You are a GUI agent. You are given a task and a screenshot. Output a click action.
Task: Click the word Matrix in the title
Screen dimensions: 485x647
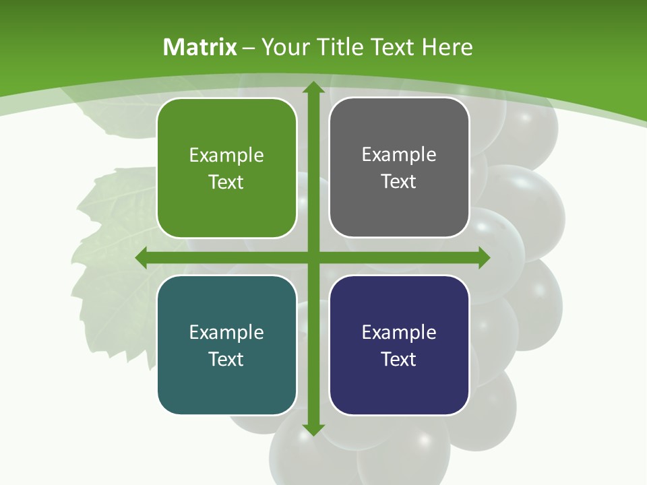point(200,47)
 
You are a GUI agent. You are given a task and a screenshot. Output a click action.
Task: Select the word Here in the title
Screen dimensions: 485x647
point(447,47)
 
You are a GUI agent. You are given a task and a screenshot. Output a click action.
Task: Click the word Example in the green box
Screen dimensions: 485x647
point(226,156)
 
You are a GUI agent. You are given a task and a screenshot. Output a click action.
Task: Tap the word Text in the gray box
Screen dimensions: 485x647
point(399,182)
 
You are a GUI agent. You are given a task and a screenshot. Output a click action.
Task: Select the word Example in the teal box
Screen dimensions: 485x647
point(226,332)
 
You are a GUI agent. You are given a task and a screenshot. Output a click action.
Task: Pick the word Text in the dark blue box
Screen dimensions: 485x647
point(399,359)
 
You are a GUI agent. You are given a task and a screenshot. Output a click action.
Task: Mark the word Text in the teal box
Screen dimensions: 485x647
point(226,359)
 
